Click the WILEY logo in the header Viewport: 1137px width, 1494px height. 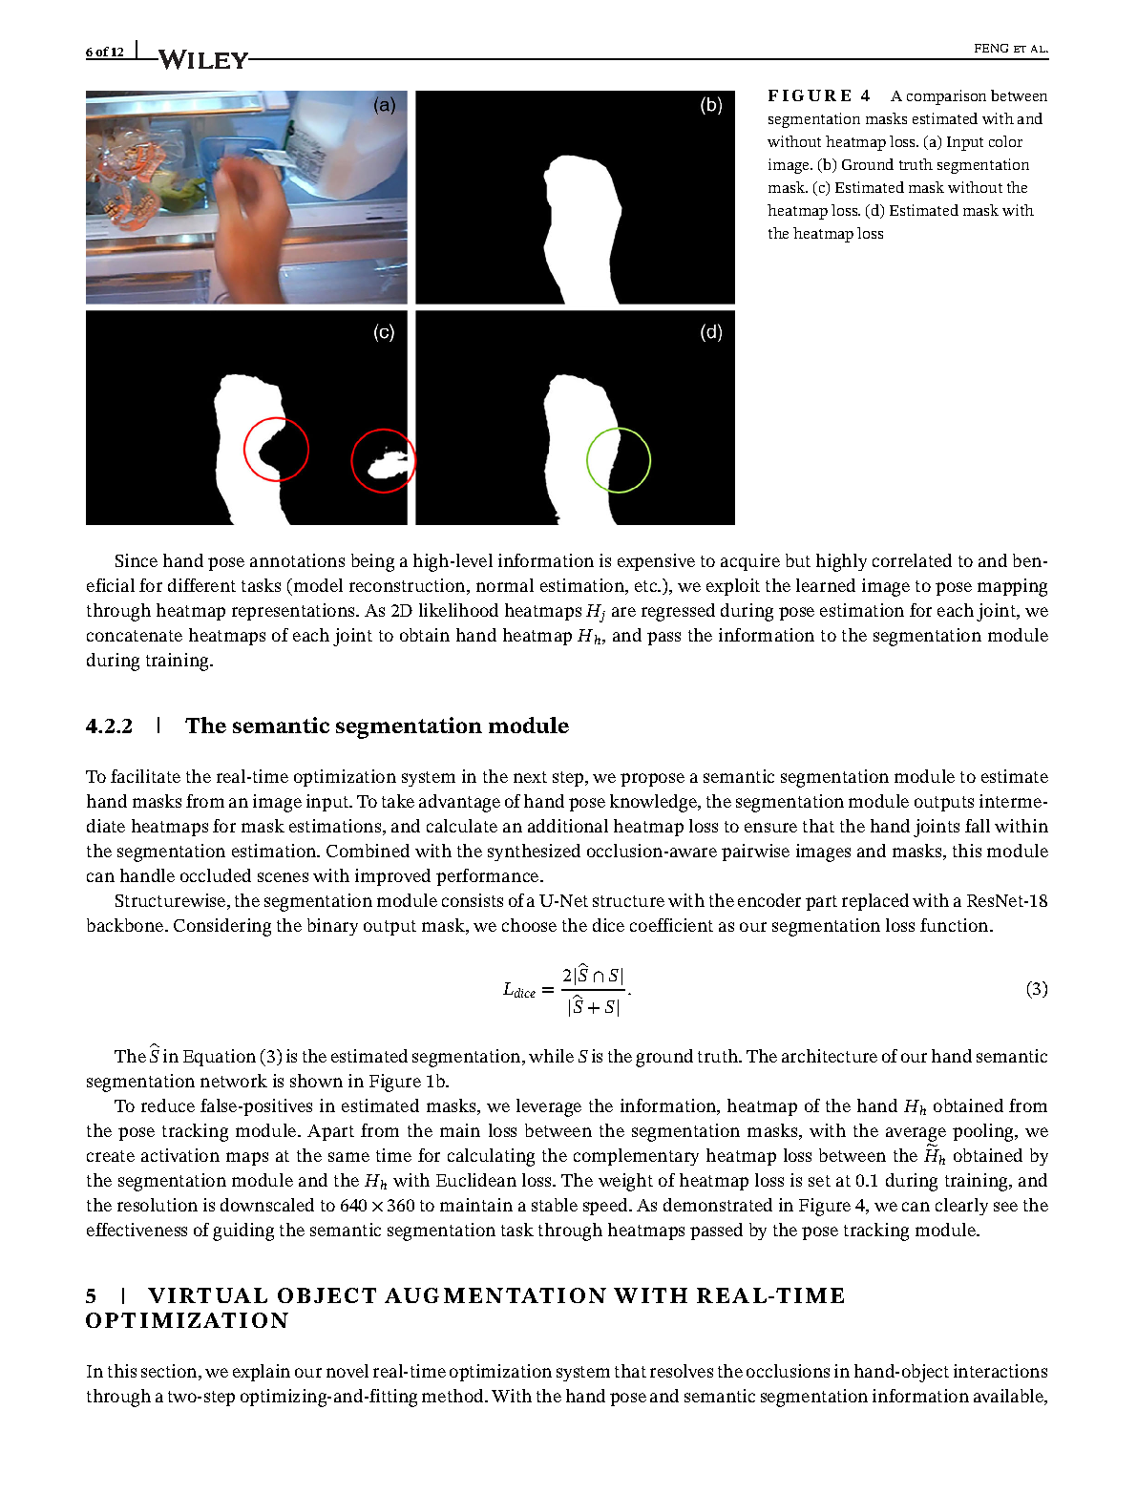pyautogui.click(x=202, y=59)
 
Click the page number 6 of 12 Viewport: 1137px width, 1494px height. pyautogui.click(x=104, y=52)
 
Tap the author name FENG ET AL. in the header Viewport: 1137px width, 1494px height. pyautogui.click(x=1010, y=49)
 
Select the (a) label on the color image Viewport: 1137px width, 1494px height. pyautogui.click(x=384, y=105)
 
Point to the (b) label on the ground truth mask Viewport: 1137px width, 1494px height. pyautogui.click(x=711, y=105)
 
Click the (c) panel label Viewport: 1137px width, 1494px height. pyautogui.click(x=384, y=332)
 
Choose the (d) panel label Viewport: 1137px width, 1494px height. pyautogui.click(x=711, y=332)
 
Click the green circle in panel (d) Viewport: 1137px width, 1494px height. pyautogui.click(x=619, y=460)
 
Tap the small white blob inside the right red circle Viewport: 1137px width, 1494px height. pyautogui.click(x=387, y=465)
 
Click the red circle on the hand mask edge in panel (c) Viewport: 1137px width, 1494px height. pyautogui.click(x=276, y=449)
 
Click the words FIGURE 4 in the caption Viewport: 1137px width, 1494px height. pyautogui.click(x=818, y=95)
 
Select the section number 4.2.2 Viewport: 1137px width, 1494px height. pyautogui.click(x=109, y=726)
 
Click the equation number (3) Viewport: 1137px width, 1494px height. pyautogui.click(x=1036, y=989)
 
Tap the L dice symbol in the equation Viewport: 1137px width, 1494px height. pyautogui.click(x=519, y=990)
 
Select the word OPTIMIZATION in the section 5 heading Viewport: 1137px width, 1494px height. pyautogui.click(x=187, y=1321)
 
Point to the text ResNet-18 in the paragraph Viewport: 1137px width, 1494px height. pyautogui.click(x=1006, y=901)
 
